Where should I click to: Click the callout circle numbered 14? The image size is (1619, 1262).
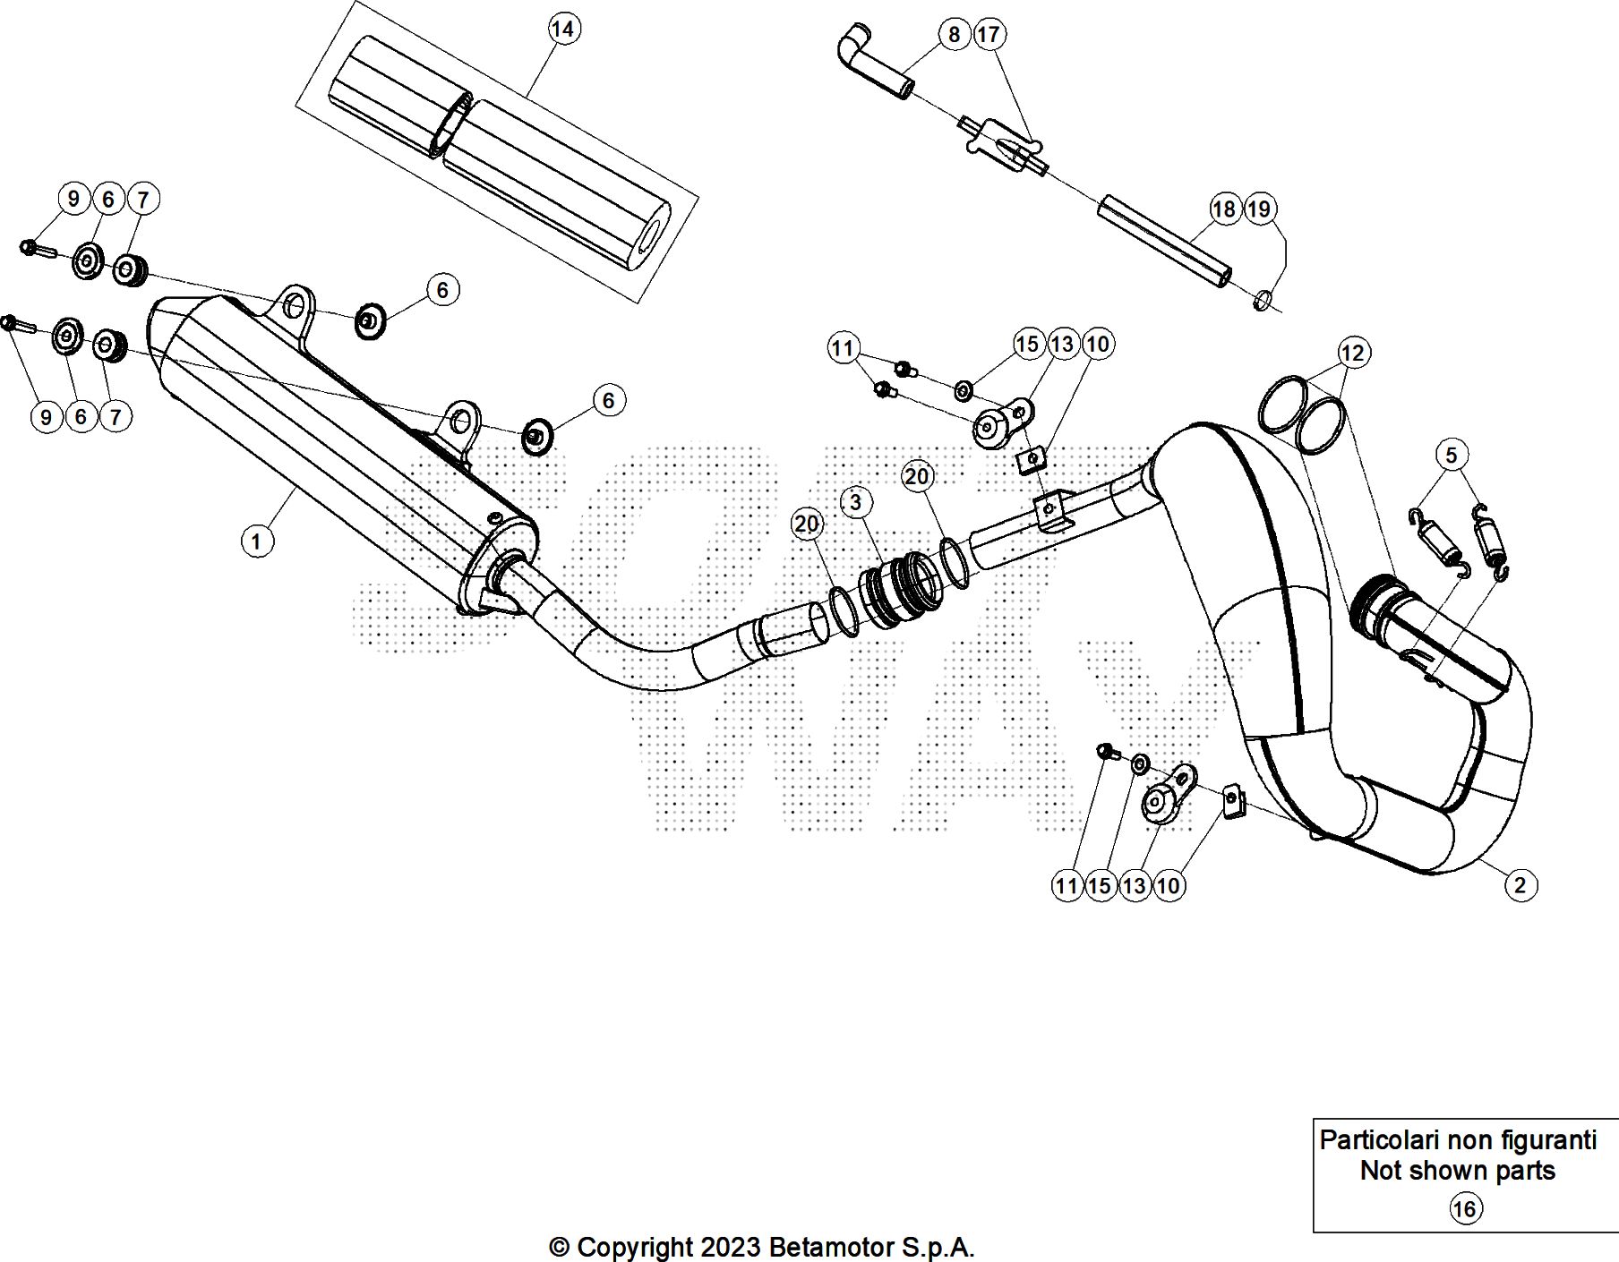click(562, 30)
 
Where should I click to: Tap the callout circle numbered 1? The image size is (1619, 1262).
click(257, 541)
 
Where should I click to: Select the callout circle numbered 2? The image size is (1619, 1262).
click(1520, 885)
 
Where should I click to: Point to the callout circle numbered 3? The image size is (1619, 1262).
click(855, 502)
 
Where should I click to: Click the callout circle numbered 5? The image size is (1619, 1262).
click(1452, 455)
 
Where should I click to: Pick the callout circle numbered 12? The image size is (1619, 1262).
click(1352, 353)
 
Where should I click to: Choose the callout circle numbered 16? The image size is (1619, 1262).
click(1464, 1209)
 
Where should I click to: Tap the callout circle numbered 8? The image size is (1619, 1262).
click(954, 35)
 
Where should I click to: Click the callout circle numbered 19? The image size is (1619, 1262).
click(1258, 209)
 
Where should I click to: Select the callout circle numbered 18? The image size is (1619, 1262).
click(1223, 209)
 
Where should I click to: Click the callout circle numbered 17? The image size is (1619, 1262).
click(988, 35)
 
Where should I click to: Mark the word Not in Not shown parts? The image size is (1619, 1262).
click(1380, 1171)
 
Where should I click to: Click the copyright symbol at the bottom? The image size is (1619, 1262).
click(559, 1247)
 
